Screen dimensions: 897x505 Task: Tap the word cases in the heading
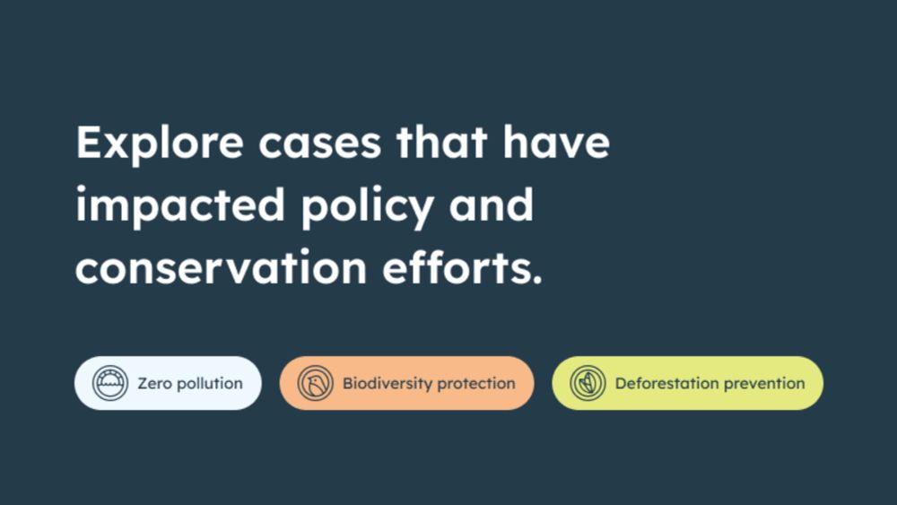click(x=319, y=143)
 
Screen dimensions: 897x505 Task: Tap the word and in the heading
click(x=491, y=205)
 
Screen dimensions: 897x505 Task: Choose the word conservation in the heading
click(x=221, y=266)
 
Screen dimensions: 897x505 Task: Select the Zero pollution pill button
click(x=168, y=383)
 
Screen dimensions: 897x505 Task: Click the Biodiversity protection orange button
click(x=406, y=383)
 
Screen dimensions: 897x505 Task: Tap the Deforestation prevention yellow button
click(x=688, y=383)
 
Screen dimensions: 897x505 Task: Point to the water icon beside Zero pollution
click(x=110, y=383)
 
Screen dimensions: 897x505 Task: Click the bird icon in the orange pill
click(x=315, y=383)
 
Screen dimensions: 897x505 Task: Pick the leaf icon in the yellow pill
click(x=588, y=383)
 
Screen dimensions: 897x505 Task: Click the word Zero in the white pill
click(x=154, y=383)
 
